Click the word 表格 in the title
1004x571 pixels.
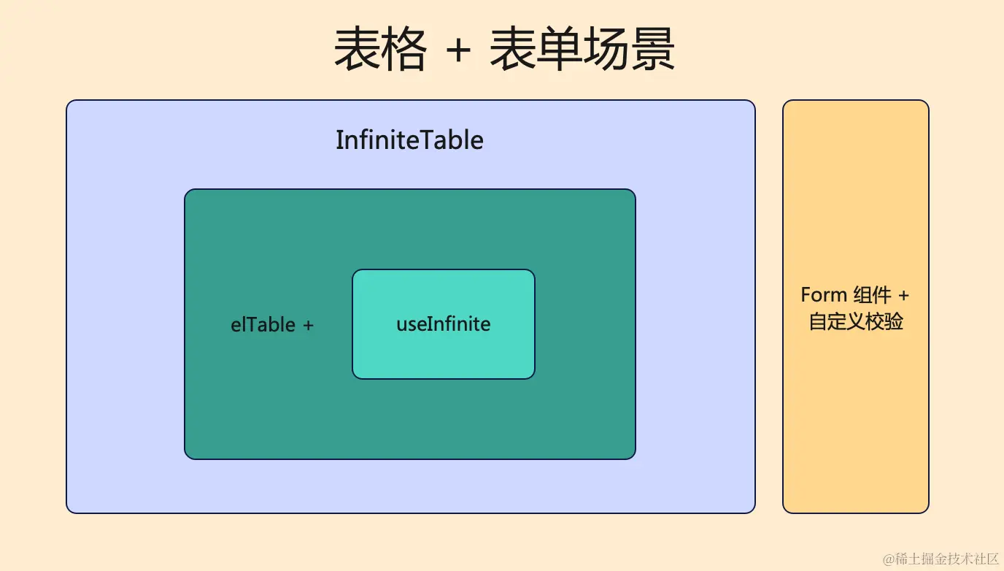coord(381,49)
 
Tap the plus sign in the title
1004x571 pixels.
coord(458,50)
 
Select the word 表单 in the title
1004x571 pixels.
coord(536,49)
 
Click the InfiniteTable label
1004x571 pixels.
coord(409,140)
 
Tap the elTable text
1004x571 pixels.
coord(263,325)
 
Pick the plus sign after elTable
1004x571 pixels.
coord(309,326)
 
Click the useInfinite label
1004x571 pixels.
coord(444,324)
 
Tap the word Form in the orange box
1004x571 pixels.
coord(824,295)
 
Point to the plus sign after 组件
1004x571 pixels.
coord(903,296)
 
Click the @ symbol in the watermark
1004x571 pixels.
coord(889,559)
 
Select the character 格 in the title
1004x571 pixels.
coord(403,49)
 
